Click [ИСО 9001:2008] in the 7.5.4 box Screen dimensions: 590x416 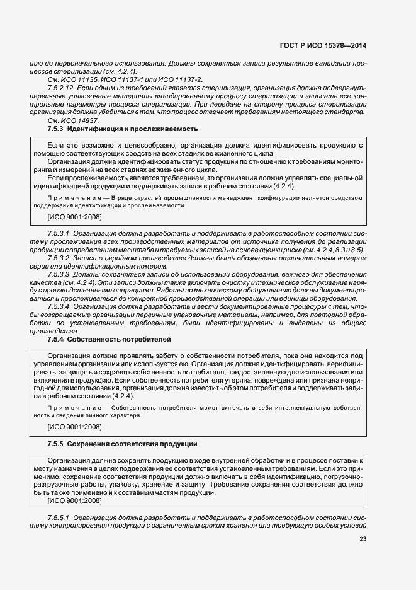(74, 427)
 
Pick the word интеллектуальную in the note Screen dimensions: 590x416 (291, 408)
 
